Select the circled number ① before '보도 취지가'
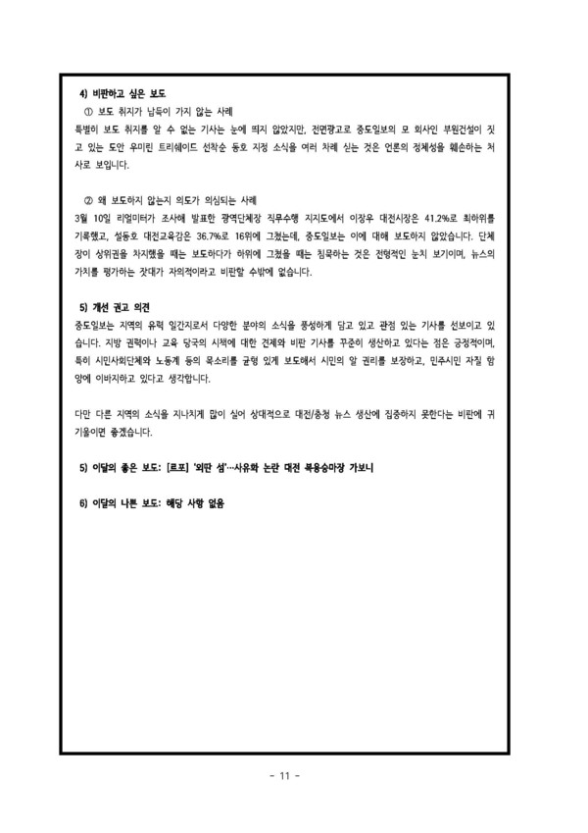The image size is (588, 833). (x=90, y=111)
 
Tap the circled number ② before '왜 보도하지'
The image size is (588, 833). (x=90, y=197)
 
